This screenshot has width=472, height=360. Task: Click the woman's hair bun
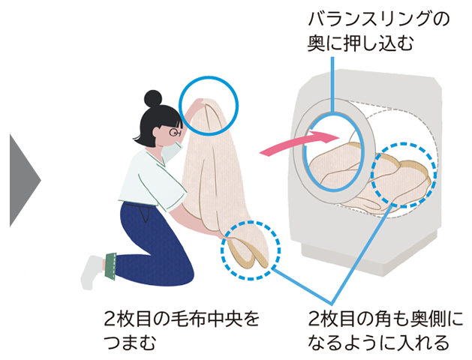(153, 99)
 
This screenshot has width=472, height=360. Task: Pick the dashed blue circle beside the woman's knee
(251, 249)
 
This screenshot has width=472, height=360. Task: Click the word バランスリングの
(379, 19)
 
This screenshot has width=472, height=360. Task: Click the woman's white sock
(94, 270)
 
